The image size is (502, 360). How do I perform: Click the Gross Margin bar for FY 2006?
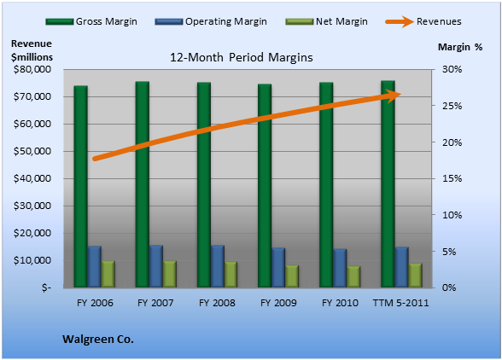coord(80,186)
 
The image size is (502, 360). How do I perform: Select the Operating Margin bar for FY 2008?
coord(218,266)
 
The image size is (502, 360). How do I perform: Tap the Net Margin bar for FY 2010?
coord(353,276)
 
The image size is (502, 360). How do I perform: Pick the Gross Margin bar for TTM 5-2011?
coord(388,184)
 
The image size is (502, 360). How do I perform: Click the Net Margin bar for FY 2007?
coord(170,274)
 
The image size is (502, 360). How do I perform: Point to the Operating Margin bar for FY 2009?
coord(278,268)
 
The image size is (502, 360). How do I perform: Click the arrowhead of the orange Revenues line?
coord(393,96)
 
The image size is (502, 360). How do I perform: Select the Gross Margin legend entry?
coord(91,21)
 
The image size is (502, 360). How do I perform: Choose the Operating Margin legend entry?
coord(211,21)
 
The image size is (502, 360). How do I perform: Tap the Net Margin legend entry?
coord(326,21)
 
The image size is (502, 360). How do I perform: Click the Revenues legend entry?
coord(423,21)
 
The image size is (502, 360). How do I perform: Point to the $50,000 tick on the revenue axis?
coord(32,151)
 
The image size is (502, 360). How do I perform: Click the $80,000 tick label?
coord(32,69)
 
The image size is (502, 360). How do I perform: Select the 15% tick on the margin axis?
coord(452,178)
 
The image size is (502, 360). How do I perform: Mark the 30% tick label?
coord(452,69)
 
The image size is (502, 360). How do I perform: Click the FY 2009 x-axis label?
coord(278,303)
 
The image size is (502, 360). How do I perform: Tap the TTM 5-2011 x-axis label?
coord(401,303)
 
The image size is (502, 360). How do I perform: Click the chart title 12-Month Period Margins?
coord(241,58)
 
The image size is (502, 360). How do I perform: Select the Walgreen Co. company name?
coord(98,340)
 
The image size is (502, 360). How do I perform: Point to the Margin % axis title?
coord(460,48)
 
